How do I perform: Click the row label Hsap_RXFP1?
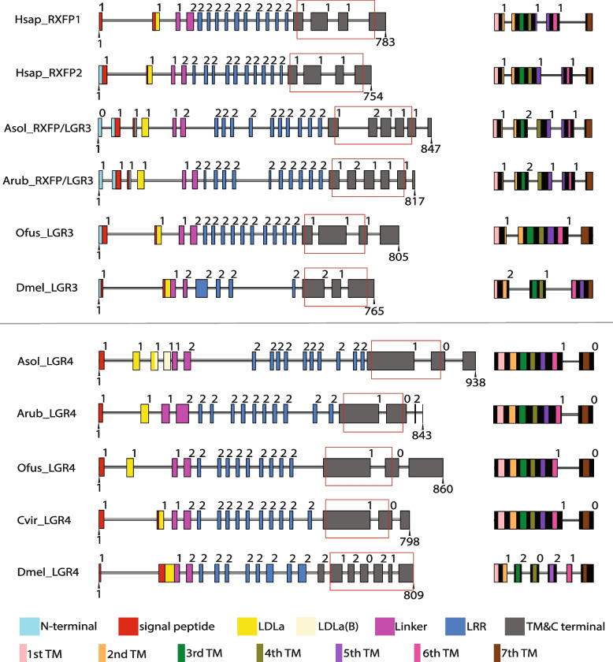(x=44, y=17)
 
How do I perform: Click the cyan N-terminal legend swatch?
(x=31, y=627)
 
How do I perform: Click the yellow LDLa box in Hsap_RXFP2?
(x=150, y=74)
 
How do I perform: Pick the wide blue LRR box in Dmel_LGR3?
(x=202, y=288)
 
